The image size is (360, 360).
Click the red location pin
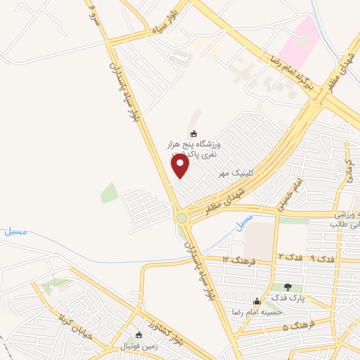[181, 166]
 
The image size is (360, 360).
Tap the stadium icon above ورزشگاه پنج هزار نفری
[194, 134]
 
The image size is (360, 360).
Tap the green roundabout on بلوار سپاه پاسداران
[182, 218]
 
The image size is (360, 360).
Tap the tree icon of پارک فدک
[288, 286]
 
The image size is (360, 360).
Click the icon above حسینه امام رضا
[257, 302]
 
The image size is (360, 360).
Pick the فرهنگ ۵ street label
[296, 328]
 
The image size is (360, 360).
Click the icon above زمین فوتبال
[139, 335]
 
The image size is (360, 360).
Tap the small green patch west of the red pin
[109, 192]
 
